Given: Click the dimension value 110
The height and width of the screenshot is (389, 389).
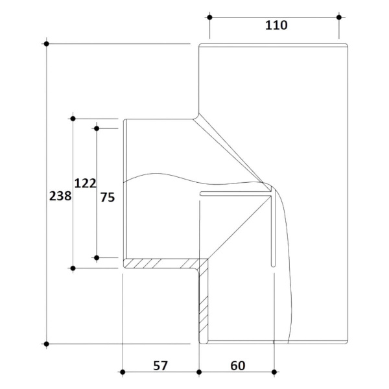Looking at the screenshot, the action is click(276, 25).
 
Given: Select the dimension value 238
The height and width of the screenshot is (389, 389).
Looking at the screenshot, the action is click(60, 196).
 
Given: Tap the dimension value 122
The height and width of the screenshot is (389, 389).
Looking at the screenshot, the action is click(85, 183).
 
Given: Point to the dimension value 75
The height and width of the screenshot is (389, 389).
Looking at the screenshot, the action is click(108, 198).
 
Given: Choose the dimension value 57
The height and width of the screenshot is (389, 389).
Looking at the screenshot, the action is click(161, 366).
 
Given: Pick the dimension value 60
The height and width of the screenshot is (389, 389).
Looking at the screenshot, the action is click(238, 366).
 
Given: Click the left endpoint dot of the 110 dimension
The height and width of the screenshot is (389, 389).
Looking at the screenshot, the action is click(209, 17).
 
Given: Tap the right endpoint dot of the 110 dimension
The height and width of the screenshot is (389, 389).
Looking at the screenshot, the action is click(339, 17).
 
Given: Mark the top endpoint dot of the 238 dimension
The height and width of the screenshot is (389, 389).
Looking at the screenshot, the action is click(47, 43).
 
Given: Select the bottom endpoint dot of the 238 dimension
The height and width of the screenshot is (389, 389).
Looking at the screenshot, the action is click(47, 344).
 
